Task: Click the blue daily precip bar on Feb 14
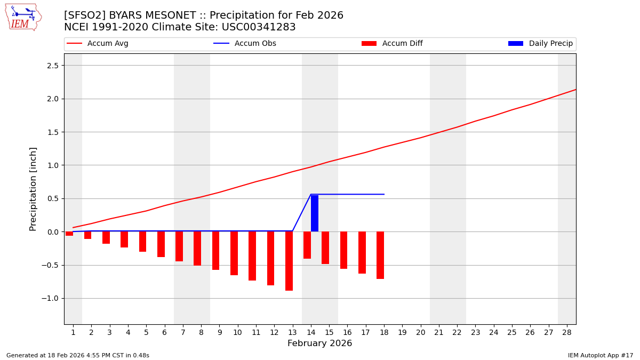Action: [x=315, y=213]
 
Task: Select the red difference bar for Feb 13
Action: [x=289, y=261]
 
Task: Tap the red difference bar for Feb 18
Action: [x=380, y=255]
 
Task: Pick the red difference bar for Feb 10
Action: [x=234, y=253]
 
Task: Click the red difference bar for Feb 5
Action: [x=142, y=242]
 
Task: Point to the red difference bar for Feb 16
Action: [x=343, y=250]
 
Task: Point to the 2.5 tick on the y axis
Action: [x=53, y=66]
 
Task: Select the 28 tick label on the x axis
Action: [x=567, y=332]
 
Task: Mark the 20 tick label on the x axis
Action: [x=420, y=332]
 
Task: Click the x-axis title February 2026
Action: [x=319, y=343]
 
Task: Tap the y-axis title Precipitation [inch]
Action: [x=33, y=189]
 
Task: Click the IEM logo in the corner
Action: [x=23, y=17]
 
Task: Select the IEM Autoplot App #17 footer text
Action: [x=600, y=356]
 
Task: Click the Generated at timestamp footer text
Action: [x=78, y=356]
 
